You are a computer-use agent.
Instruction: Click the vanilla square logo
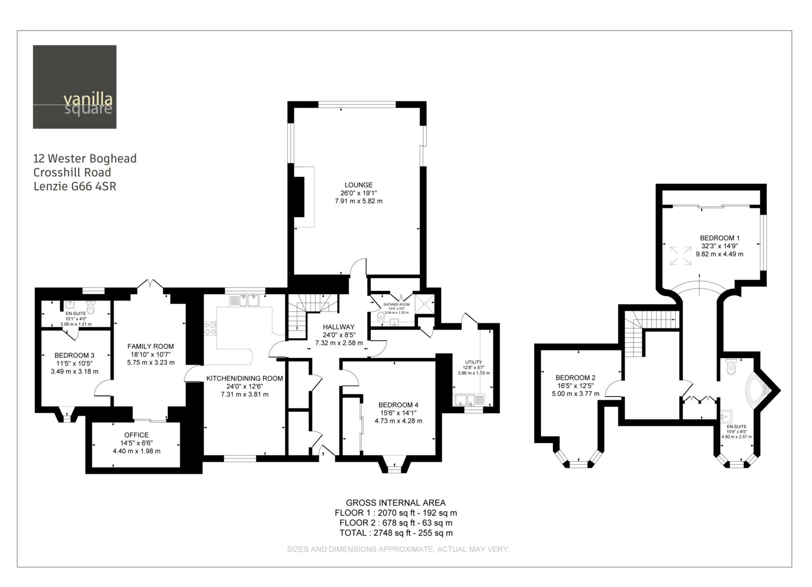(x=74, y=87)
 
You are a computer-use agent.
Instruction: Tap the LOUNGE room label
(x=358, y=185)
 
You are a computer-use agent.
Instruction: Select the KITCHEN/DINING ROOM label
(x=245, y=378)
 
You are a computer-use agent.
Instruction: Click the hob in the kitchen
(x=210, y=328)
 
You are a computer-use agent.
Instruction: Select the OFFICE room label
(x=136, y=435)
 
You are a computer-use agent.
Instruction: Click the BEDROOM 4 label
(x=398, y=405)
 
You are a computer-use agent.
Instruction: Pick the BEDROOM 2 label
(x=575, y=377)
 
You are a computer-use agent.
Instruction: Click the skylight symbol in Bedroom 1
(x=681, y=256)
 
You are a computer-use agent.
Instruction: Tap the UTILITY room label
(x=474, y=362)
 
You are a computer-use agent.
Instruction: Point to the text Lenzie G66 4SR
(x=74, y=186)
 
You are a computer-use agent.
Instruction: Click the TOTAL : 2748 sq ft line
(x=396, y=533)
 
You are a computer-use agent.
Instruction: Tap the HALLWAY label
(x=338, y=327)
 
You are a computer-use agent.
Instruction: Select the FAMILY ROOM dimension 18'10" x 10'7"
(x=151, y=354)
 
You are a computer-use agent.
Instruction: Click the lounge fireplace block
(x=299, y=197)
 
